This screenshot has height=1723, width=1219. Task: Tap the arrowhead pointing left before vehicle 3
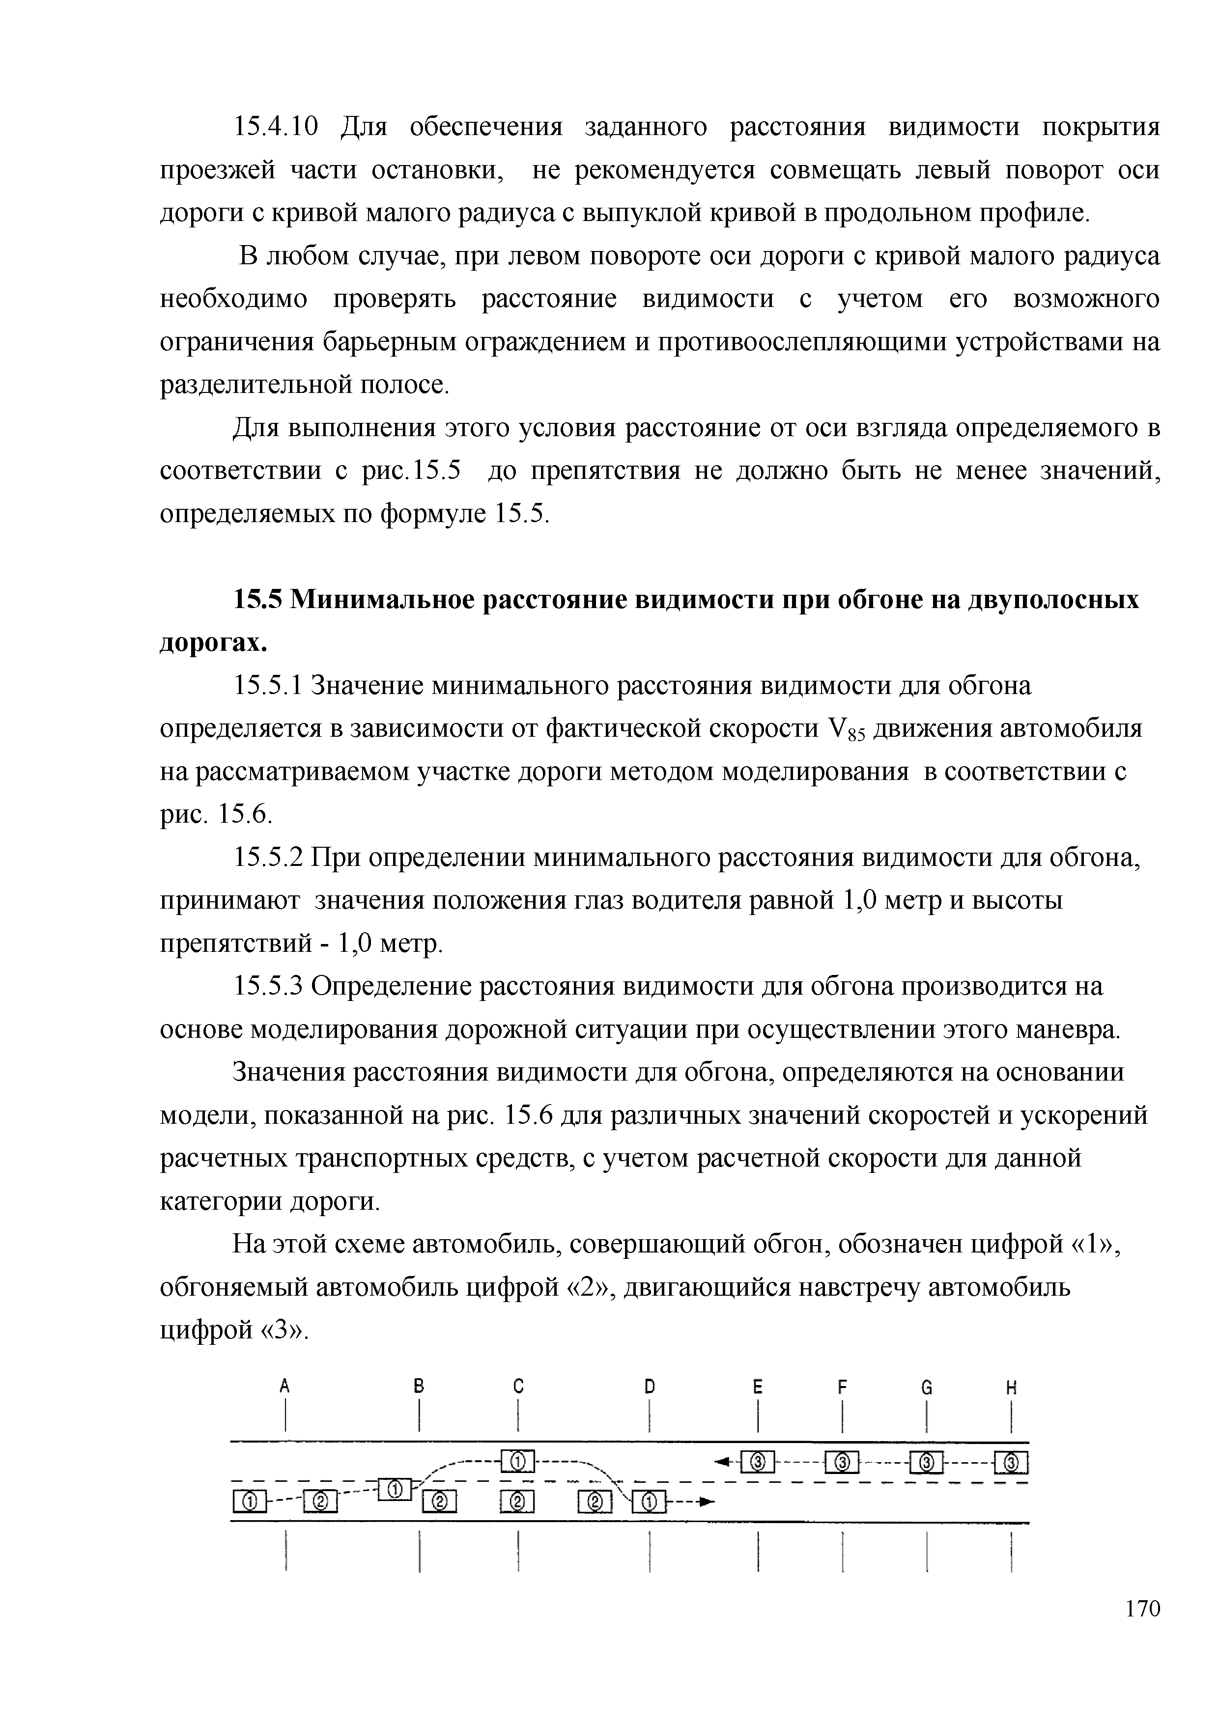click(x=723, y=1460)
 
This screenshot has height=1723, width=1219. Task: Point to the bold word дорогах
click(x=214, y=643)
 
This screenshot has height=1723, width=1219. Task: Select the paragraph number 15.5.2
click(x=268, y=857)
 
